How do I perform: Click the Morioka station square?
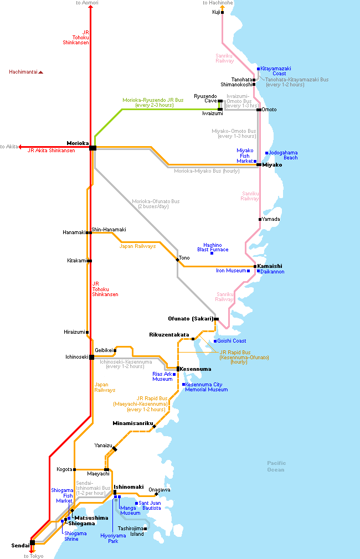pos(92,148)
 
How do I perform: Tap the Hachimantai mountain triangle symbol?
pos(40,73)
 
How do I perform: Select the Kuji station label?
pos(216,12)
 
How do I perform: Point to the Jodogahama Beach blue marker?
pos(266,153)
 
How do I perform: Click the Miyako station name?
pos(272,165)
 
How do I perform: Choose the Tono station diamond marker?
pos(177,260)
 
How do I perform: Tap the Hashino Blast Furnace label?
pos(213,247)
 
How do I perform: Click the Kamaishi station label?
pos(269,266)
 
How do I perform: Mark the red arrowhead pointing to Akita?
pos(20,147)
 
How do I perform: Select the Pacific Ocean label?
pos(276,467)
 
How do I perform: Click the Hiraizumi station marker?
pos(87,332)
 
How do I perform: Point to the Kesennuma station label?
pos(196,369)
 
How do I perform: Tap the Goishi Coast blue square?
pos(215,341)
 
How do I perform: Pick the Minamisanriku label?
pos(133,423)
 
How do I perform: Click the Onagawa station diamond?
pos(156,494)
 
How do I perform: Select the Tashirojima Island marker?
pos(145,529)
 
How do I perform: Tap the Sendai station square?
pos(33,542)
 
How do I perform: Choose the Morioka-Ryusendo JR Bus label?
pos(153,103)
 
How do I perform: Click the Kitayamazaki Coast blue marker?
pos(258,69)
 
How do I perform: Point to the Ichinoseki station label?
pos(77,357)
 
